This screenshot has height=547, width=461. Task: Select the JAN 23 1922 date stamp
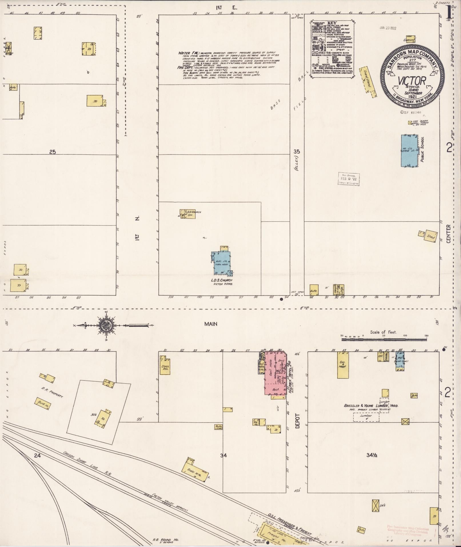pyautogui.click(x=388, y=28)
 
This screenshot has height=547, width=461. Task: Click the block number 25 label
pyautogui.click(x=52, y=152)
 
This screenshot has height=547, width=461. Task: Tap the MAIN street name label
pyautogui.click(x=211, y=324)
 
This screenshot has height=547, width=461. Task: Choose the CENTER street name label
pyautogui.click(x=448, y=234)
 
